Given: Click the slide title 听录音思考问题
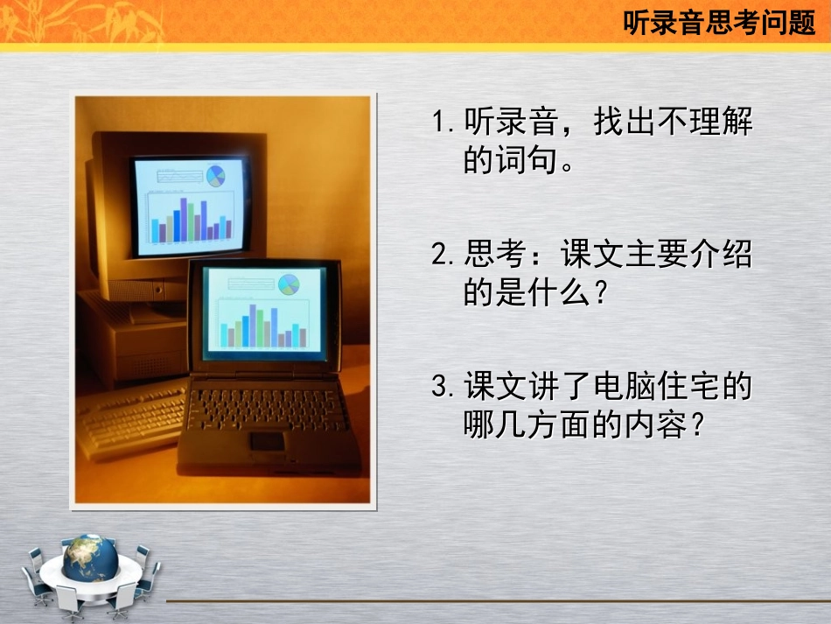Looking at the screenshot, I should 718,23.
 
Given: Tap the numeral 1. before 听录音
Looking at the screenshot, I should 443,123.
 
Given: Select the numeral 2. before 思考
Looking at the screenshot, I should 443,256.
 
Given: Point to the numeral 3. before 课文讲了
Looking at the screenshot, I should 443,388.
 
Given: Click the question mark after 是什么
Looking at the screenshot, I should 599,293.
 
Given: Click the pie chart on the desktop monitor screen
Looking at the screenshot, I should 215,176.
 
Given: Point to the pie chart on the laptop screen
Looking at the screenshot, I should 289,284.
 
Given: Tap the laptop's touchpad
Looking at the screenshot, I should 268,440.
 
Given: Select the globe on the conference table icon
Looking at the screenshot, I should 90,557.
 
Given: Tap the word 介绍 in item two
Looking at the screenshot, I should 721,256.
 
